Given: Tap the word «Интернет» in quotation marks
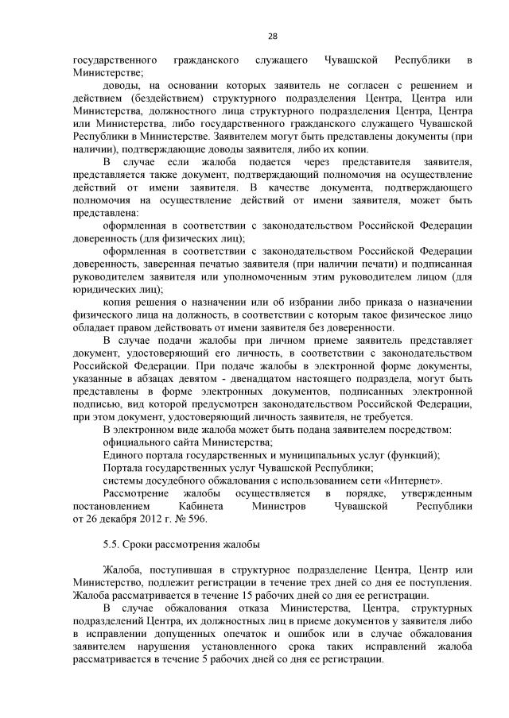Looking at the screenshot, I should click(419, 481).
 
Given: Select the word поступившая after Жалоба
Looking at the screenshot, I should click(175, 569).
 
